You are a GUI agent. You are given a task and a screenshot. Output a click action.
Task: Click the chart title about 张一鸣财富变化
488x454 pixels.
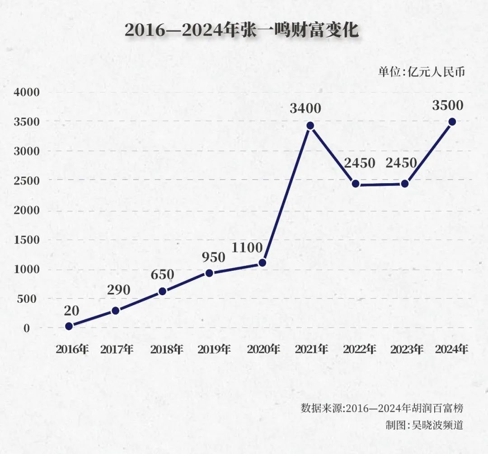[x=241, y=30]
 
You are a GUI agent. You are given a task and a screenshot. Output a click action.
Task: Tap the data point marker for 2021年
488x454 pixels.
[x=310, y=125]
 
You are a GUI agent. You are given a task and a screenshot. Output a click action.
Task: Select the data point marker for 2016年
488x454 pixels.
[x=69, y=326]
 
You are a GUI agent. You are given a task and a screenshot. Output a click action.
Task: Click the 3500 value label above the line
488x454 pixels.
[x=447, y=106]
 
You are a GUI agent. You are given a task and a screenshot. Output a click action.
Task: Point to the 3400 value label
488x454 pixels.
[x=305, y=109]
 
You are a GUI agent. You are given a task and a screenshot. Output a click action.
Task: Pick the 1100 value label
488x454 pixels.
[x=247, y=248]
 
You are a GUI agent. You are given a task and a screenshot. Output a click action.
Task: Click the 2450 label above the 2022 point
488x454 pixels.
[x=359, y=163]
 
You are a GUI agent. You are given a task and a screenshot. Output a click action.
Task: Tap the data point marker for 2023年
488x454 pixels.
[x=405, y=184]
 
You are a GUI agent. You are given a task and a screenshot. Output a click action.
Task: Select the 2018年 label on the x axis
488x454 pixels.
[x=166, y=349]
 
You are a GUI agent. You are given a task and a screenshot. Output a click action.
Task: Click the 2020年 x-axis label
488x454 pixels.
[x=263, y=349]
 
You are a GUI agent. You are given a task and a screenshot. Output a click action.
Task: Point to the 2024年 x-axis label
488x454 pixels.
[x=451, y=349]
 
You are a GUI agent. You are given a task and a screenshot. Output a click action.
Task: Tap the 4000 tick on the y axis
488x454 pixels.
[x=27, y=93]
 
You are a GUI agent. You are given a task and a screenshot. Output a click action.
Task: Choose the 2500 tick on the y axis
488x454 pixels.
[x=27, y=181]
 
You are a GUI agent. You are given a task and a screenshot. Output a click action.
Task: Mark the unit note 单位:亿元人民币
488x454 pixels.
[x=421, y=72]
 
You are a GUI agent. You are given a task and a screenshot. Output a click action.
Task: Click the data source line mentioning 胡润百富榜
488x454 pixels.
[x=382, y=408]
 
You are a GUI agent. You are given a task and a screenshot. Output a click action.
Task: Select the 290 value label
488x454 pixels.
[x=119, y=290]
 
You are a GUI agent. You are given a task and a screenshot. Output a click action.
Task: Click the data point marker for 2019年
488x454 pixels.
[x=209, y=273]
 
